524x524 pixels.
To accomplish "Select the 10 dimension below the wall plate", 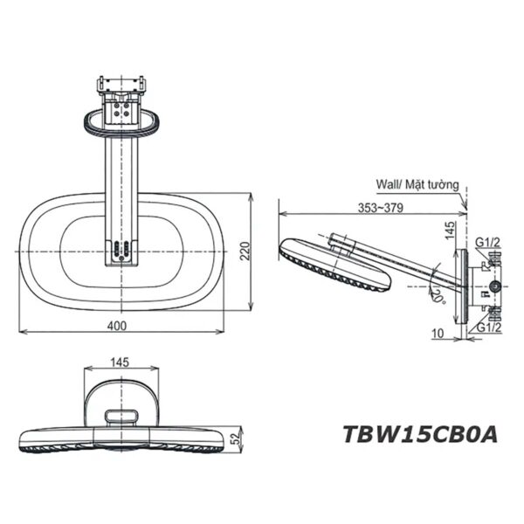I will point(438,334).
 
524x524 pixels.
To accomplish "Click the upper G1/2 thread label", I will point(488,242).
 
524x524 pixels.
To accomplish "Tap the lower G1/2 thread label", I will point(488,327).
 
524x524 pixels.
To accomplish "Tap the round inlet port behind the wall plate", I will point(496,286).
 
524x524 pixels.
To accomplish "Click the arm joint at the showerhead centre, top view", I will point(121,251).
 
